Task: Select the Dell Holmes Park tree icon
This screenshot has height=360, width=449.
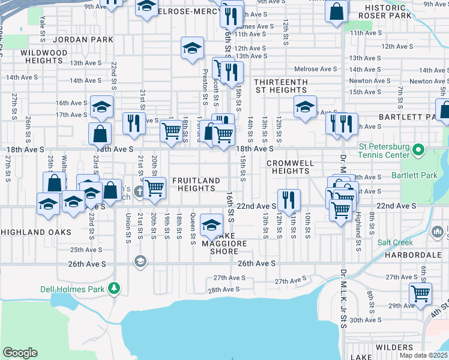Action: pyautogui.click(x=114, y=289)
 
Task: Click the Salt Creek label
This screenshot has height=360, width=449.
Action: pyautogui.click(x=395, y=242)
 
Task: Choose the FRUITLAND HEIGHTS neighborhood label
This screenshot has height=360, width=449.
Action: pyautogui.click(x=194, y=184)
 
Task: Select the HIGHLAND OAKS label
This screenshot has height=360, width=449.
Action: pyautogui.click(x=35, y=232)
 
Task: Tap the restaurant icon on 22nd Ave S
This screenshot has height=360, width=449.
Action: pyautogui.click(x=289, y=199)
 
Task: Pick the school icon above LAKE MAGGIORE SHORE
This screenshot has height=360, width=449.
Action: pyautogui.click(x=211, y=225)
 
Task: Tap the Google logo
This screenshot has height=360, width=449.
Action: pyautogui.click(x=20, y=353)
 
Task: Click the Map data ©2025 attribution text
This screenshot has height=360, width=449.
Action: pyautogui.click(x=424, y=355)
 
